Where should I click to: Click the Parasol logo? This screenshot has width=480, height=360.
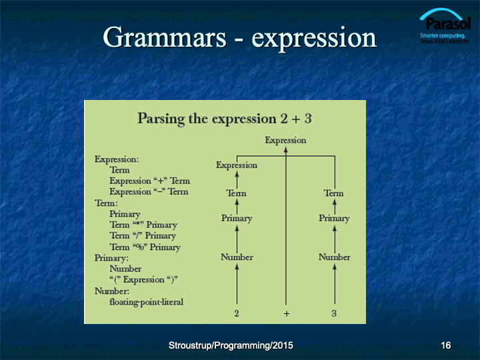[x=445, y=26]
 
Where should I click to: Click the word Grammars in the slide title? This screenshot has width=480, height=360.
[x=165, y=37]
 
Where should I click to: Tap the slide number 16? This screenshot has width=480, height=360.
[x=446, y=345]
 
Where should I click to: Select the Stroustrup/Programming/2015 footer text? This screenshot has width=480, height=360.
[x=231, y=345]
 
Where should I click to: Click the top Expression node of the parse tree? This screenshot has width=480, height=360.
[x=285, y=140]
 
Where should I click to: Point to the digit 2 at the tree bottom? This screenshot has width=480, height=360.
[x=237, y=313]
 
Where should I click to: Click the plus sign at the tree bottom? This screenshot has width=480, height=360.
[x=287, y=313]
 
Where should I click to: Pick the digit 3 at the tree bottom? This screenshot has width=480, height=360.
[x=334, y=313]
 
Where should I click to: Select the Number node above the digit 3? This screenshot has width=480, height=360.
[x=334, y=257]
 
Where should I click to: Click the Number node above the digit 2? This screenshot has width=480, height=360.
[x=237, y=257]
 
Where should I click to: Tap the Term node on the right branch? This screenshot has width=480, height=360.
[x=334, y=193]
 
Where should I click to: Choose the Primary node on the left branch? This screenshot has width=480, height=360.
[x=237, y=218]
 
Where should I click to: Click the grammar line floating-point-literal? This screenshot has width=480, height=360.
[x=146, y=302]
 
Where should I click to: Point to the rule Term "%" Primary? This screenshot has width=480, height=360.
[x=145, y=247]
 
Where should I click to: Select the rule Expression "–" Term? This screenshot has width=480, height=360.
[x=149, y=191]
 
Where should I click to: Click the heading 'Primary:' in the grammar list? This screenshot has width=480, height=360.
[x=111, y=258]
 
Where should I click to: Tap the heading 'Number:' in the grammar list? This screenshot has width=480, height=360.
[x=112, y=291]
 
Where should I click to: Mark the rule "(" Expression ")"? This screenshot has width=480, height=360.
[x=143, y=280]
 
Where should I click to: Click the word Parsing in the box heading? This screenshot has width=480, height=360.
[x=161, y=119]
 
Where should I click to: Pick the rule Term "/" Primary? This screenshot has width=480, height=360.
[x=143, y=236]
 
